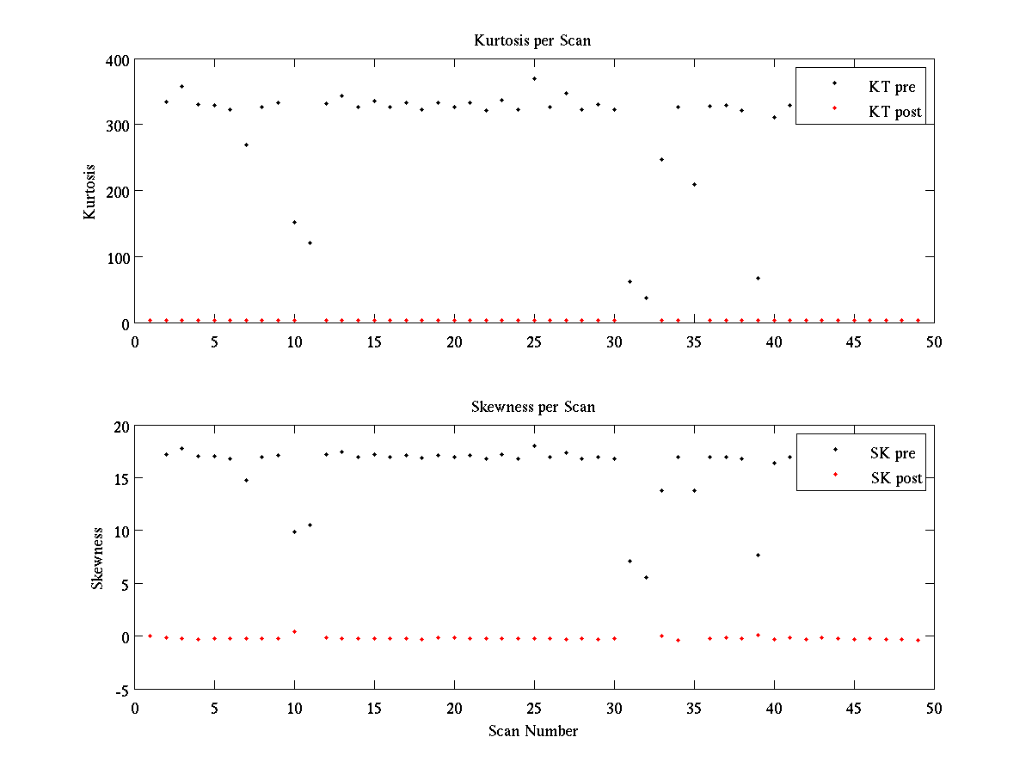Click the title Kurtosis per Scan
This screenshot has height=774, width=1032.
click(532, 40)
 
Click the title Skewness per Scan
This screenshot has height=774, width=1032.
click(532, 406)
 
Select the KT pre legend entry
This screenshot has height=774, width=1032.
click(892, 87)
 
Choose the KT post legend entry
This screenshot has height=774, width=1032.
click(894, 112)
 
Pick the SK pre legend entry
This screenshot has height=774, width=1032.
click(893, 453)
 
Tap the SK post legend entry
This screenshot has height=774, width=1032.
click(894, 478)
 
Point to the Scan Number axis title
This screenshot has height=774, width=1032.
click(533, 731)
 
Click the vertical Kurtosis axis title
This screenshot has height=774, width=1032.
click(90, 192)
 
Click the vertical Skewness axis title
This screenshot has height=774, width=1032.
click(97, 558)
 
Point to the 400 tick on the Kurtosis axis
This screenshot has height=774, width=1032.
click(119, 60)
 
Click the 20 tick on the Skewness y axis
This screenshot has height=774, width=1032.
click(120, 426)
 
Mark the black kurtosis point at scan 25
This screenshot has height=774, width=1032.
click(534, 78)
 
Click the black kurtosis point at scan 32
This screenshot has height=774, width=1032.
click(646, 298)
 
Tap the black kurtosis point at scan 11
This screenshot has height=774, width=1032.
click(310, 243)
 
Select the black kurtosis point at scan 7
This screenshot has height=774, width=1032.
click(246, 144)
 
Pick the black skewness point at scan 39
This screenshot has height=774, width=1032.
click(758, 555)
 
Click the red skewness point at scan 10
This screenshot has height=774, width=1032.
click(294, 631)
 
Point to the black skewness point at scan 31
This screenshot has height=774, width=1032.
click(630, 561)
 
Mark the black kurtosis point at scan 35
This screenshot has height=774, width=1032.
click(694, 184)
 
